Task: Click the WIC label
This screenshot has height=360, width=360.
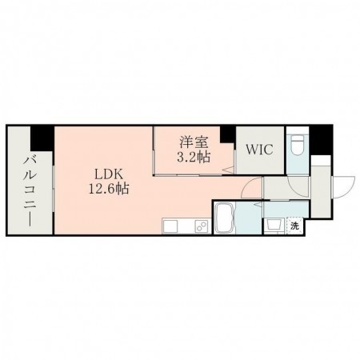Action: coord(258,150)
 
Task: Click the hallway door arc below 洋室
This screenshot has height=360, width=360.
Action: coord(251,190)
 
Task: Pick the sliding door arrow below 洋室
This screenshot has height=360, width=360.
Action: coord(226,168)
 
